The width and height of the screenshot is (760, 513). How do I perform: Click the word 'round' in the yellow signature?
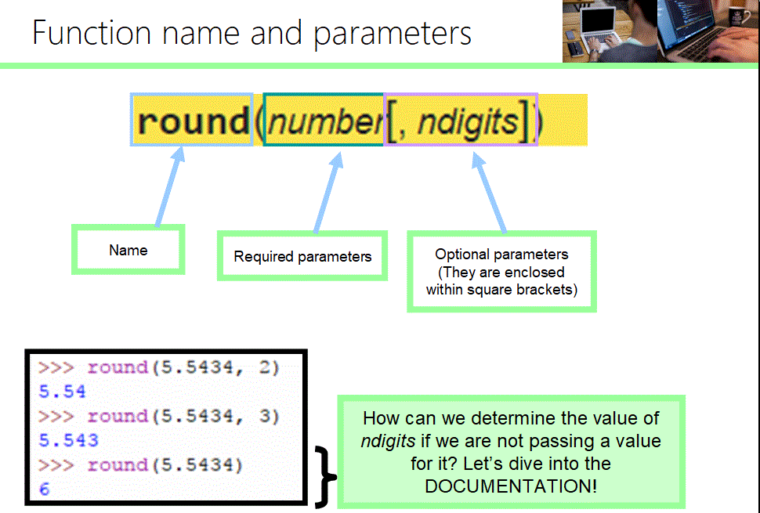(x=193, y=121)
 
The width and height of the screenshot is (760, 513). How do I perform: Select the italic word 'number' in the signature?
(x=324, y=121)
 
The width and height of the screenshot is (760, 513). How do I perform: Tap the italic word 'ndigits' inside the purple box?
(x=467, y=121)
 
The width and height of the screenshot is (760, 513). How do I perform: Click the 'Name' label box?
(x=128, y=251)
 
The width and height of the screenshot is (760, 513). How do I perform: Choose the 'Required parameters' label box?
(x=302, y=256)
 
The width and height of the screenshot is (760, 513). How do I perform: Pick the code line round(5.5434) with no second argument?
(x=165, y=464)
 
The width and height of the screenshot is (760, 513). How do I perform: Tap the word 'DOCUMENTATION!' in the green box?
(x=510, y=486)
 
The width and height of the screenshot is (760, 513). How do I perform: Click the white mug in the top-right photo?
(x=736, y=18)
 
